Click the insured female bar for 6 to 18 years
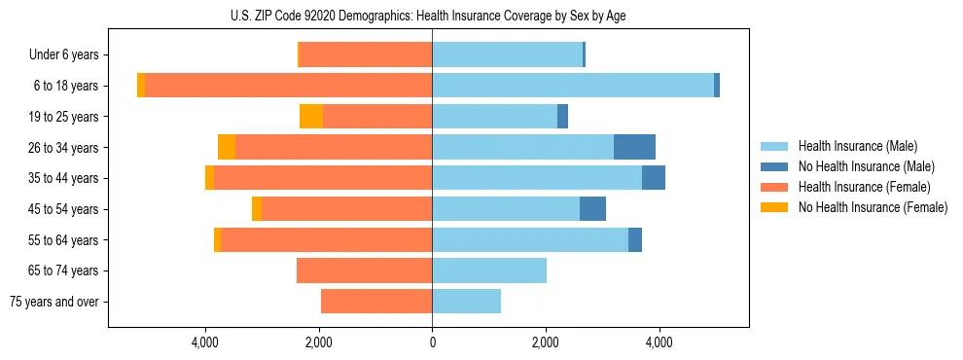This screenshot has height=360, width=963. pos(288,86)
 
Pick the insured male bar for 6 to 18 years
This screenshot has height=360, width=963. pos(573,86)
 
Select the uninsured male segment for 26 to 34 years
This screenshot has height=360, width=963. pos(634,147)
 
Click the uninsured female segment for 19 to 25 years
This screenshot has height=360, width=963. pos(311,117)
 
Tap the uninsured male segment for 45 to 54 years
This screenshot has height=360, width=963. pos(592,209)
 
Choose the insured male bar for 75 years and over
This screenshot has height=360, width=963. pos(466,302)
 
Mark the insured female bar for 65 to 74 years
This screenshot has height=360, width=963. pos(364,270)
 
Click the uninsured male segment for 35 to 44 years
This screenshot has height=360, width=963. pos(654,178)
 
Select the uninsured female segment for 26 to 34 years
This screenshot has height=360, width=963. pos(227,147)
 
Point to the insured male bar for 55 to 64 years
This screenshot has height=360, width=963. pos(530,239)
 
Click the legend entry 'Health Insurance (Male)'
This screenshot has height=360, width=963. pos(857,146)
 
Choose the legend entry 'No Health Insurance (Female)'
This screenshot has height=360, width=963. pos(873,207)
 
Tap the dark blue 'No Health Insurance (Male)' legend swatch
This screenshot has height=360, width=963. pos(774,166)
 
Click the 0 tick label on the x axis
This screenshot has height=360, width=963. pos(432,343)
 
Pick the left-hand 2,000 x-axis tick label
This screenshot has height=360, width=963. pos(319,343)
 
